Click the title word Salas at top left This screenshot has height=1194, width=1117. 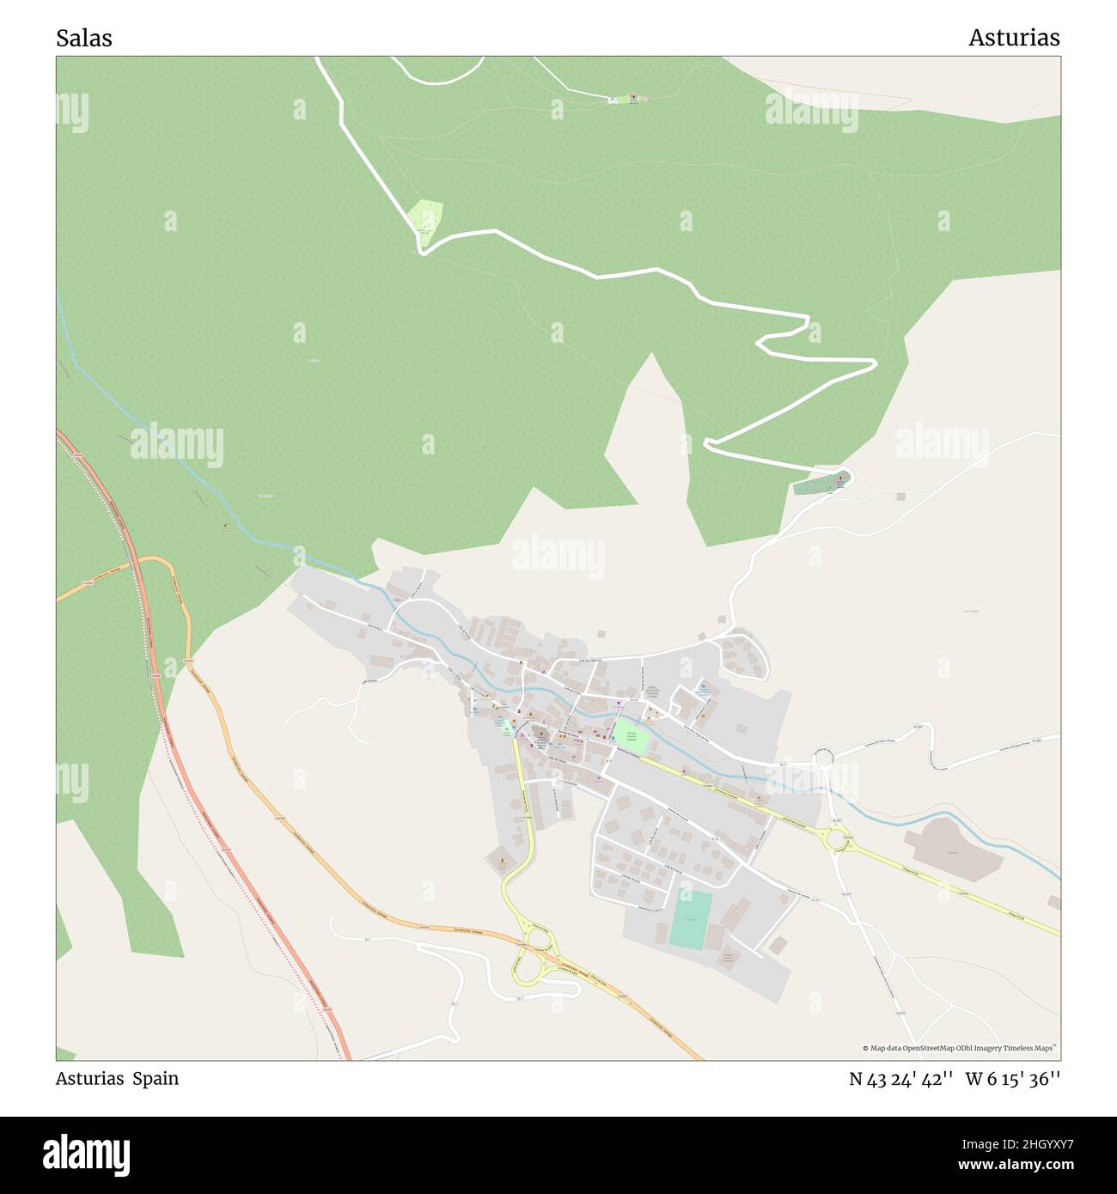(83, 39)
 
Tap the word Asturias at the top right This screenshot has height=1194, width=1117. (1014, 39)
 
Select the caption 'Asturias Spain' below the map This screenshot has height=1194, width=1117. (117, 1079)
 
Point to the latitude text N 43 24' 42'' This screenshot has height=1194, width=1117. (900, 1079)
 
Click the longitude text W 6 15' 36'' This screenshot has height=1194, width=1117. (1013, 1079)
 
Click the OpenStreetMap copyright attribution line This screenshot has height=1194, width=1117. (960, 1048)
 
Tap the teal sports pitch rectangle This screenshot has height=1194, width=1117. (691, 920)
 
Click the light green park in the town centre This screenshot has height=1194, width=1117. (631, 736)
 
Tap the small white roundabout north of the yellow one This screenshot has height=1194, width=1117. (824, 759)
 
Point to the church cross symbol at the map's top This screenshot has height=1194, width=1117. (634, 98)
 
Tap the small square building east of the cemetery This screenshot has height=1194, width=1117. (900, 496)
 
